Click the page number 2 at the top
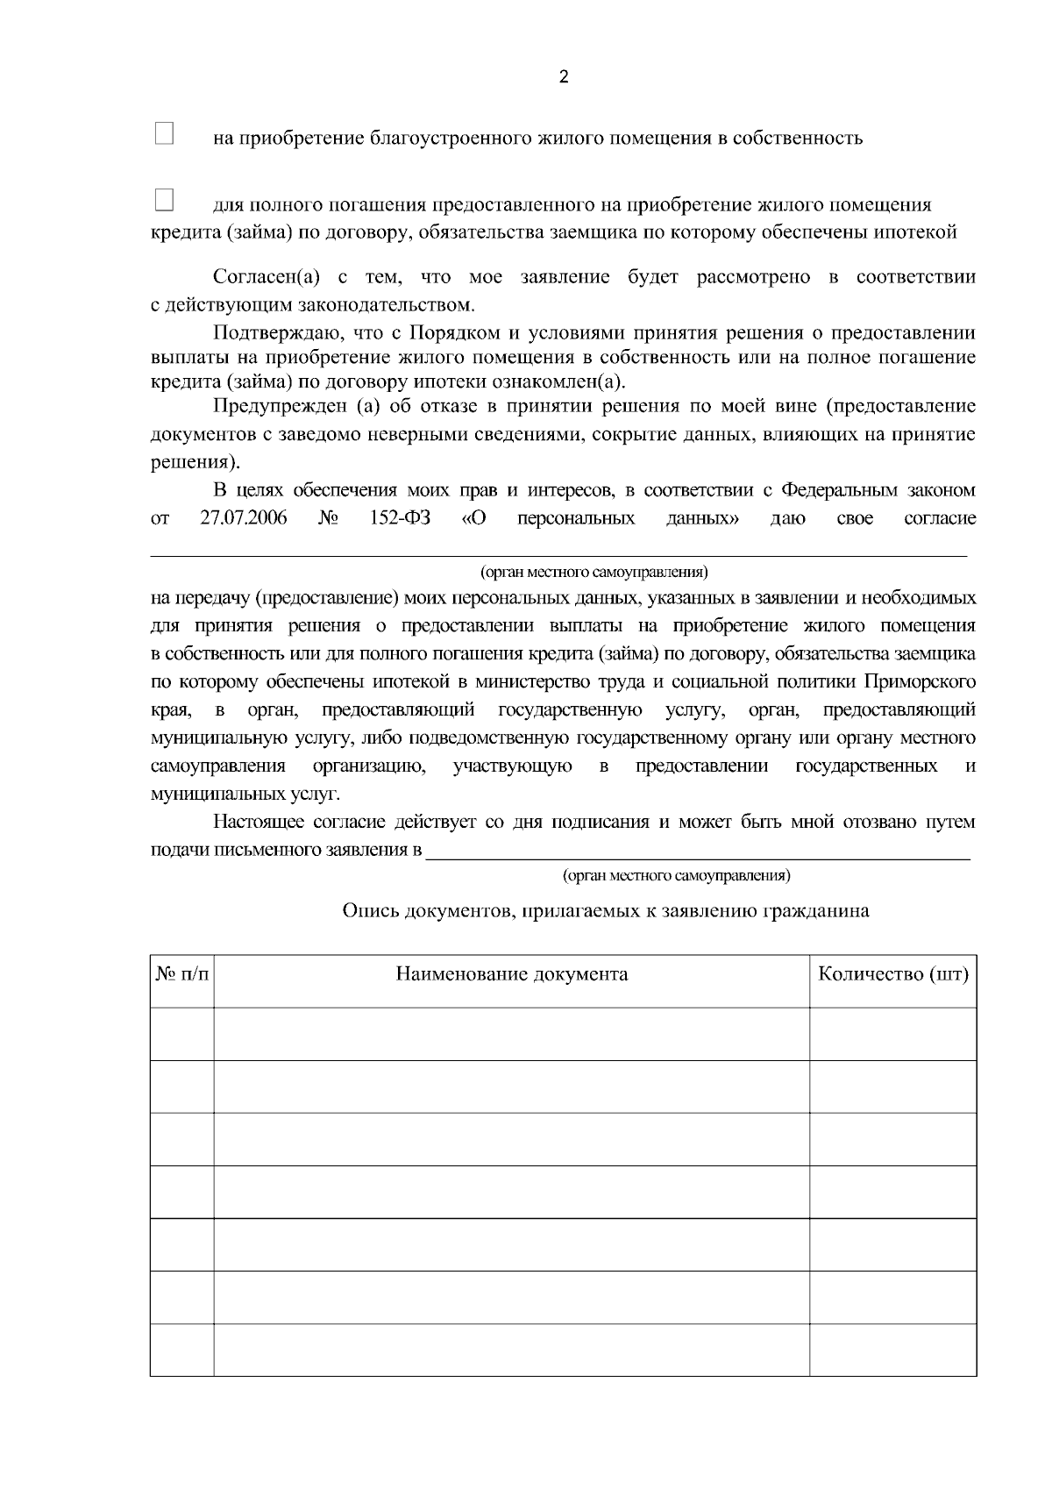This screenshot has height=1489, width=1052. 563,77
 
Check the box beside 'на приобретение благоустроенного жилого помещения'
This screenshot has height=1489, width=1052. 164,133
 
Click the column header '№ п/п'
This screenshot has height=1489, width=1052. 182,974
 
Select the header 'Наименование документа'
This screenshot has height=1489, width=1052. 511,974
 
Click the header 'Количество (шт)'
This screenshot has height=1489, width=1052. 892,974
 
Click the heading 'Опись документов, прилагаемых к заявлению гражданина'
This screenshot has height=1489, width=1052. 605,911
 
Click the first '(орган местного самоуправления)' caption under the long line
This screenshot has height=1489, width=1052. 594,573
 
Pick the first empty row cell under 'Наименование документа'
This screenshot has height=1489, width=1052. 511,1034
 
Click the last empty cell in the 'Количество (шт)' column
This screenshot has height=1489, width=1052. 892,1350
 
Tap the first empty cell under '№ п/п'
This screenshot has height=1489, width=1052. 182,1034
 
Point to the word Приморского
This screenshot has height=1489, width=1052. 920,682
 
